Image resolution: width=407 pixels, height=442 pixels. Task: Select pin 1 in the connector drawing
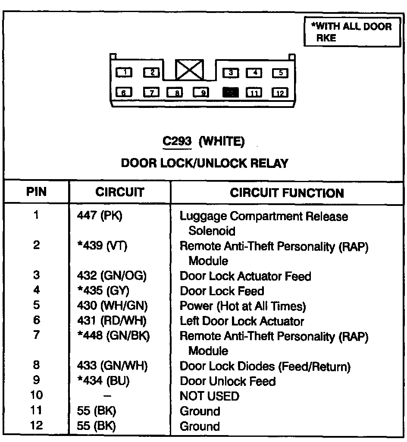(124, 72)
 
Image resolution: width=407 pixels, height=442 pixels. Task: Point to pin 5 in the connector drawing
(280, 73)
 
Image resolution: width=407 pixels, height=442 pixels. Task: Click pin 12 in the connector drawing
(280, 92)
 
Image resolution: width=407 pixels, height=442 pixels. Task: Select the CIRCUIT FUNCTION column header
(287, 193)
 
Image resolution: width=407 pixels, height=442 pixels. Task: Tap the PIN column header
(37, 191)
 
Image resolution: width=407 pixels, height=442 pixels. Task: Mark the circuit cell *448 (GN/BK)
(110, 336)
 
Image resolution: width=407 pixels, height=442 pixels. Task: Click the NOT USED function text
(209, 396)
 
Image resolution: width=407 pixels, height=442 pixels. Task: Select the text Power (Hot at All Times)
(242, 306)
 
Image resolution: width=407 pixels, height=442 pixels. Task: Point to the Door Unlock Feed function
(227, 381)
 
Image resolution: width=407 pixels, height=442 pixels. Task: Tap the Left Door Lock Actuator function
(241, 321)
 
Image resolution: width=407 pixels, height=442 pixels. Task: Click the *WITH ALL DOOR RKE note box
(351, 32)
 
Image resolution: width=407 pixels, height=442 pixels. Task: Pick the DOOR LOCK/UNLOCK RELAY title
(204, 163)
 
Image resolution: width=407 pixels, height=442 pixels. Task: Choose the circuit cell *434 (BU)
(101, 381)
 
